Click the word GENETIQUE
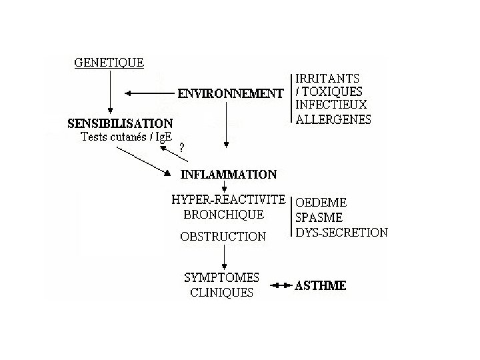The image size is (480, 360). point(108,63)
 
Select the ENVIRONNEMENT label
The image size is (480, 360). point(230,94)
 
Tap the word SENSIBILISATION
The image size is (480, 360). point(121,123)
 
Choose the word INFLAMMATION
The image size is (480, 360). point(229,175)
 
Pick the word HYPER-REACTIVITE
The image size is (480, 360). point(228,200)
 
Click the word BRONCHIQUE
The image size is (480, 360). point(223,215)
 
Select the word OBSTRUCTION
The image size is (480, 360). point(223,236)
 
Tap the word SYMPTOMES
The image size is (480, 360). point(221,277)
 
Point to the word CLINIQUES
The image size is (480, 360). point(221,293)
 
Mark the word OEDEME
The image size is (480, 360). point(321,202)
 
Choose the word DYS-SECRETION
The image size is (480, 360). point(341,233)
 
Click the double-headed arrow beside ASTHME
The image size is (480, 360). point(283,286)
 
